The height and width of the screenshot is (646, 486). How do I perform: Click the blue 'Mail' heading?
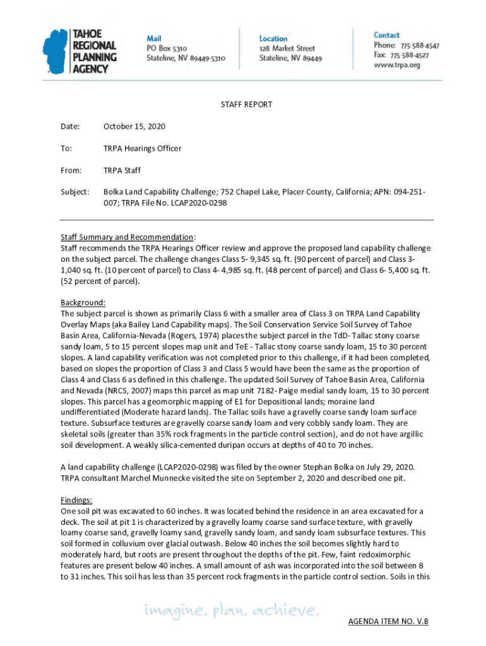tap(154, 38)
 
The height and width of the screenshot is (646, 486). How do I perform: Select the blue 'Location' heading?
tap(273, 38)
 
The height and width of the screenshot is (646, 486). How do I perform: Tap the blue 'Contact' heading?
tap(386, 35)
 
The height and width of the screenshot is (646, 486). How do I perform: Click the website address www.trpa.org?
tap(396, 65)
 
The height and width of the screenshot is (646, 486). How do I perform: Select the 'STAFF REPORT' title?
tap(246, 105)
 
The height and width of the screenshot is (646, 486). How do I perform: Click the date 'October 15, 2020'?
tap(134, 127)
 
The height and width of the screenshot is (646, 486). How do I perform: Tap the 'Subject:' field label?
tap(75, 191)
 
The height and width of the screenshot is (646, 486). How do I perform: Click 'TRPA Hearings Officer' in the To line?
tap(143, 149)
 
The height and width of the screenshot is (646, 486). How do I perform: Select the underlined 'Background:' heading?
tap(83, 303)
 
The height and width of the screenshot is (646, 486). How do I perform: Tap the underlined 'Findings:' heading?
tap(76, 500)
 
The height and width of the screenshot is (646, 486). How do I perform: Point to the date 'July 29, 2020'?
tap(388, 467)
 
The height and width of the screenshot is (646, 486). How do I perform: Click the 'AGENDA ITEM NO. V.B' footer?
tap(388, 622)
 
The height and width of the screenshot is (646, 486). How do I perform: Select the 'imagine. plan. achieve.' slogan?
tap(231, 611)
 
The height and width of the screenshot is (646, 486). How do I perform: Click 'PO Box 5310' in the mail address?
tap(167, 48)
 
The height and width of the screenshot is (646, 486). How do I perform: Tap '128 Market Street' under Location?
tap(287, 48)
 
